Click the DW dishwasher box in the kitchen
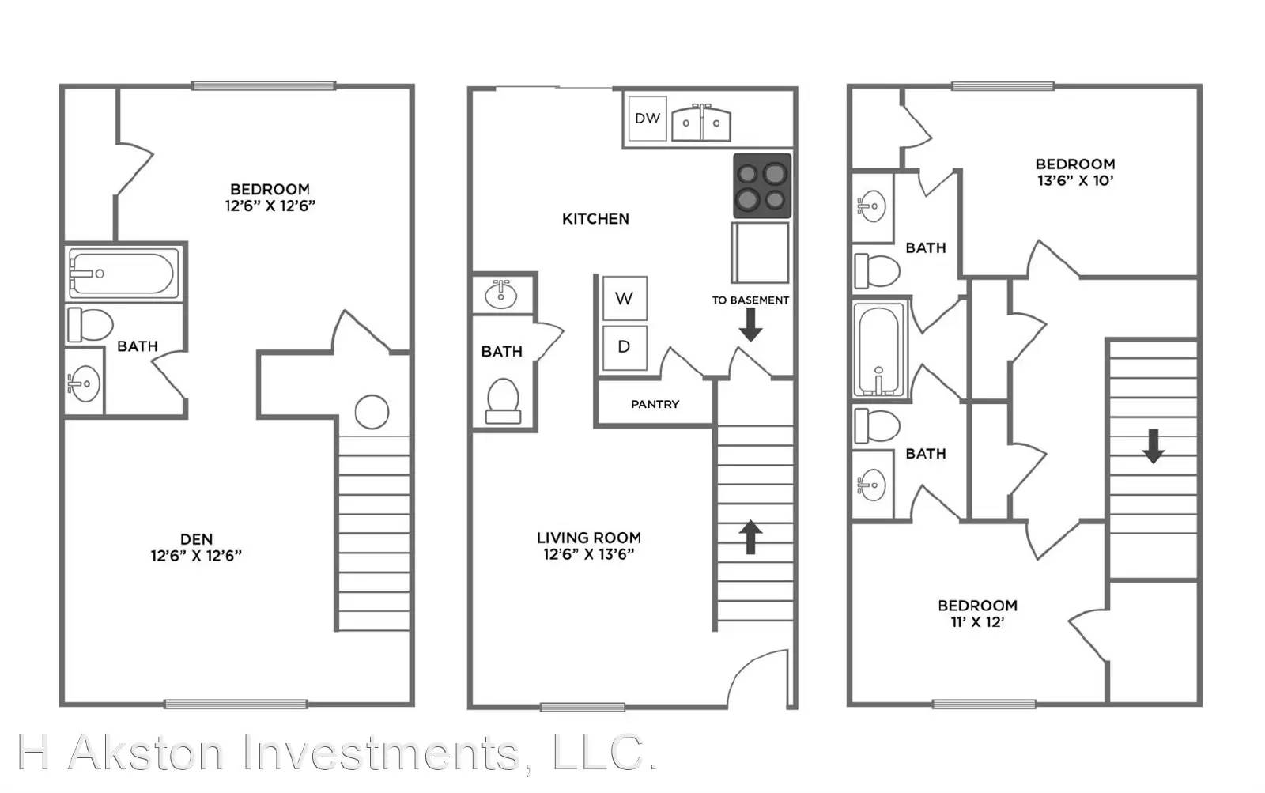click(x=648, y=118)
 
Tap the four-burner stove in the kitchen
click(x=762, y=186)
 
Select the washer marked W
click(x=624, y=298)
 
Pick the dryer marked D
click(x=624, y=347)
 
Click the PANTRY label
click(x=655, y=404)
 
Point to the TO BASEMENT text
click(x=750, y=300)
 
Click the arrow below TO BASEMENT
click(x=750, y=325)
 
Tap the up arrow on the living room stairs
click(x=750, y=537)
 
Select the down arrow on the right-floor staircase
click(x=1154, y=446)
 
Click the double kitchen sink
click(x=700, y=122)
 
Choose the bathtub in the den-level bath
click(x=123, y=274)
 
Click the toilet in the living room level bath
click(x=503, y=401)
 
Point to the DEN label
click(x=197, y=539)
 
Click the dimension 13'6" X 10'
click(x=1075, y=181)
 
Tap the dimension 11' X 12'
click(x=977, y=622)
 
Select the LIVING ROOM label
click(x=589, y=538)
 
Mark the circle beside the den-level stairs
click(x=372, y=412)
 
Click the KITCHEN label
click(x=595, y=218)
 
